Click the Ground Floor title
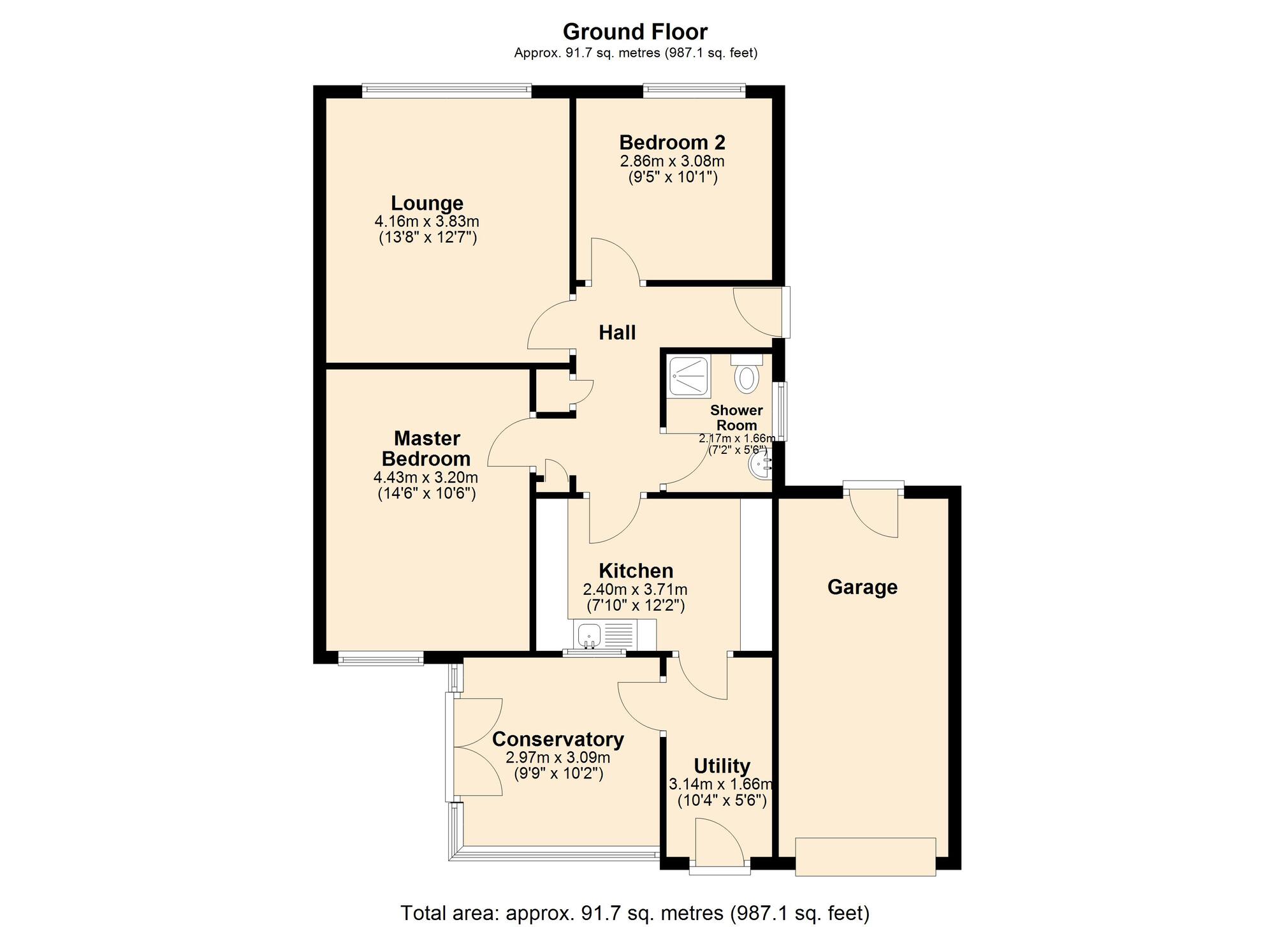pos(635,31)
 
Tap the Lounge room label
pos(426,203)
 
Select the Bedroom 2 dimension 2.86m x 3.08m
pos(672,161)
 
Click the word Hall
pos(617,332)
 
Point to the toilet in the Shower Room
pos(747,377)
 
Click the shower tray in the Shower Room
pos(688,377)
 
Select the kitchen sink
pos(590,636)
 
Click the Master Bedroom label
pos(426,448)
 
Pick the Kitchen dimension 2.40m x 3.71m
pos(635,590)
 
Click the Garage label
pos(862,587)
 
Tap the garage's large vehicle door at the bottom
pos(865,857)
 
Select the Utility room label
pos(722,766)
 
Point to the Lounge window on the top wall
pos(446,91)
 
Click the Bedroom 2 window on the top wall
pos(694,91)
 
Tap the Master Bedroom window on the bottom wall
pos(381,659)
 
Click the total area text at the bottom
pos(635,913)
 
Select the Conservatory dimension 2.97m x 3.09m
pos(558,758)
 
